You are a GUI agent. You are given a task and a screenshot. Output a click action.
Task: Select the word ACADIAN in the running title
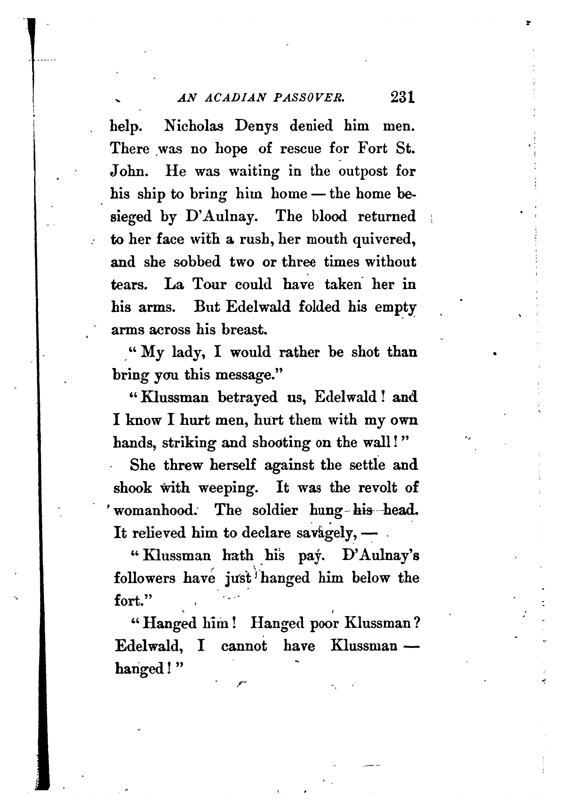(x=235, y=98)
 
